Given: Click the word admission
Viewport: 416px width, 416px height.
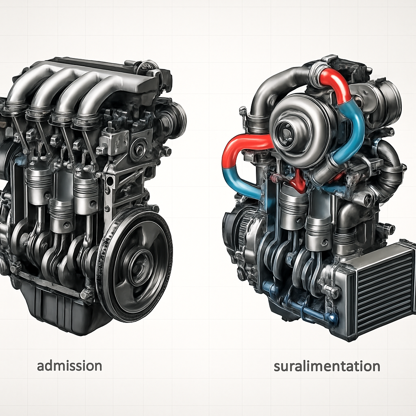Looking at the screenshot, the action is click(69, 366).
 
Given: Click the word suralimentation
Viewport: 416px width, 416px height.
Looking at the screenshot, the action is click(327, 366).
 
